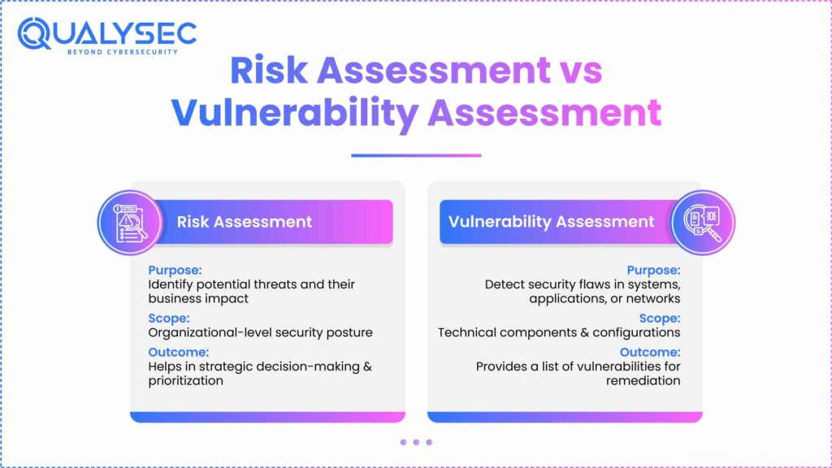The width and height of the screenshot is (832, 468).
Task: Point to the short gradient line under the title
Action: [x=416, y=155]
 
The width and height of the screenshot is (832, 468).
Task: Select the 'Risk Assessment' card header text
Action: [x=245, y=222]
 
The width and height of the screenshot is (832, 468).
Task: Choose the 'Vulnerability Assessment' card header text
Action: [x=552, y=222]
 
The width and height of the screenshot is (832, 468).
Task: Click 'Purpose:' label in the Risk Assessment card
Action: [x=175, y=270]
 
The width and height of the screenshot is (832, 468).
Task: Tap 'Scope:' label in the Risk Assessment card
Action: [x=168, y=318]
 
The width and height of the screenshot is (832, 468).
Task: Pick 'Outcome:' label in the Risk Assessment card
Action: [x=179, y=351]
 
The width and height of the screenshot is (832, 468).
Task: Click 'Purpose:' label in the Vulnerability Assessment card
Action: [x=653, y=270]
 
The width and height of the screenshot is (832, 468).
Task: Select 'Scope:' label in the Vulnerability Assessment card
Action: [x=660, y=318]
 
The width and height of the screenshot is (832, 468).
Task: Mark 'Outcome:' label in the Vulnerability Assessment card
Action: [x=650, y=351]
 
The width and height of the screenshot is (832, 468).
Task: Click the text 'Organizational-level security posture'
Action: [x=260, y=332]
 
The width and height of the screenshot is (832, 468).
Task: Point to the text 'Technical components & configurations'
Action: [x=559, y=332]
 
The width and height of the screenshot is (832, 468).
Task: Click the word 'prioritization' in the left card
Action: [x=185, y=380]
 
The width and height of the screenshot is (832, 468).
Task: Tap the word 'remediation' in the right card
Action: [x=643, y=380]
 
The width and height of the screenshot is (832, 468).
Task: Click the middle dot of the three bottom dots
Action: [x=416, y=442]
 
